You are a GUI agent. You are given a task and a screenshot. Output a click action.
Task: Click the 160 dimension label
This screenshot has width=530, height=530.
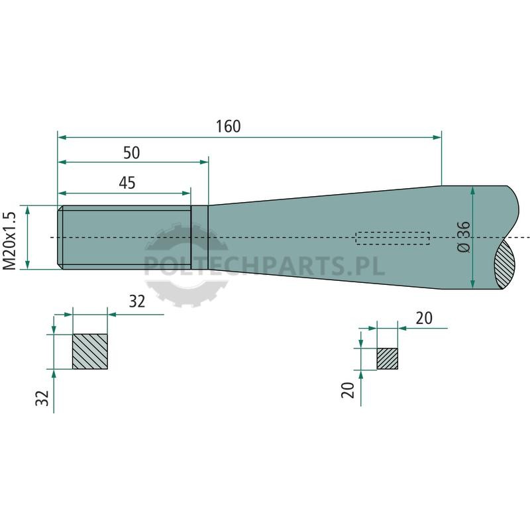tap(228, 127)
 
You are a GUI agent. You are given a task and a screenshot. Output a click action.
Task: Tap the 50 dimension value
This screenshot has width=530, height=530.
tap(131, 153)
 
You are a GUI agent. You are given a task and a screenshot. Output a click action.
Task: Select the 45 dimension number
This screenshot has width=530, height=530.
tap(127, 183)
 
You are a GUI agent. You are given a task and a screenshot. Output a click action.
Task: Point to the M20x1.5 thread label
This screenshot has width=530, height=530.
tap(9, 241)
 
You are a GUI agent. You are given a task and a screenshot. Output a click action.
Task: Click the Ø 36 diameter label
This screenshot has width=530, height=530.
tap(463, 237)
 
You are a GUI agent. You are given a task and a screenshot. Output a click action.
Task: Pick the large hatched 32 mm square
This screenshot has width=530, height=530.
tap(90, 352)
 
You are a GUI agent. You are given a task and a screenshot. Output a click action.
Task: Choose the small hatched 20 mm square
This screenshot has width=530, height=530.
tap(388, 358)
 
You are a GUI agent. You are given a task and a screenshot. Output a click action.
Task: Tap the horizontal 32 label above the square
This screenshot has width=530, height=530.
tap(137, 301)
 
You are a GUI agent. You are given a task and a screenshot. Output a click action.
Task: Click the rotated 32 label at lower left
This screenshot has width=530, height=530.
tap(42, 398)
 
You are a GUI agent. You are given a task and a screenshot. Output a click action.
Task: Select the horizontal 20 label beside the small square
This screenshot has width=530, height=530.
tap(424, 319)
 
